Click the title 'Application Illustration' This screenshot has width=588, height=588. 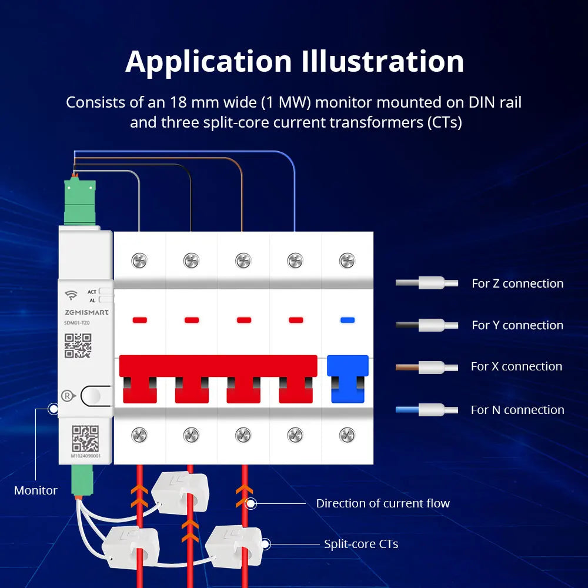point(294,62)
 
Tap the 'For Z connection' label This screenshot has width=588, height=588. point(517,283)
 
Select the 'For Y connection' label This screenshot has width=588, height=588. point(517,325)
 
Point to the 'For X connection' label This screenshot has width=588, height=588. point(516,366)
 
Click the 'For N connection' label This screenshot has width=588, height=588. point(517,410)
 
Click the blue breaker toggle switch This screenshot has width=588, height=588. point(348,379)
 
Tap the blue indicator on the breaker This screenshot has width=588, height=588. point(348,320)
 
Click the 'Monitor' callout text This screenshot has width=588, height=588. point(36,490)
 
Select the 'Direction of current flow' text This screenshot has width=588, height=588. point(383,503)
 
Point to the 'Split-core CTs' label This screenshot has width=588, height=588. point(361,544)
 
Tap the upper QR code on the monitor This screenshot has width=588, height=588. point(78,345)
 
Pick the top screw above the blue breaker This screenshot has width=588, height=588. point(347,260)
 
